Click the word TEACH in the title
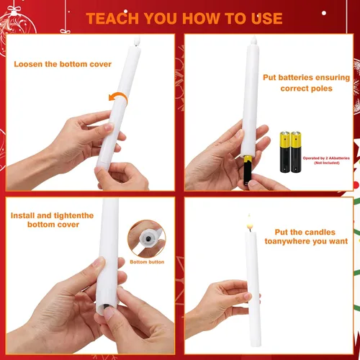(112, 19)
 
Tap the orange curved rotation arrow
(118, 96)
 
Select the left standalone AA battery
(285, 152)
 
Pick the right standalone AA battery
(296, 152)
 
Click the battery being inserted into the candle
(248, 170)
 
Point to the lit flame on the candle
(250, 223)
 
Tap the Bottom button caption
(147, 262)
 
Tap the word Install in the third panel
(22, 215)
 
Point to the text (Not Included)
(327, 163)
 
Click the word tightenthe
(73, 215)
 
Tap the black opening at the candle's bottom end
(107, 306)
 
